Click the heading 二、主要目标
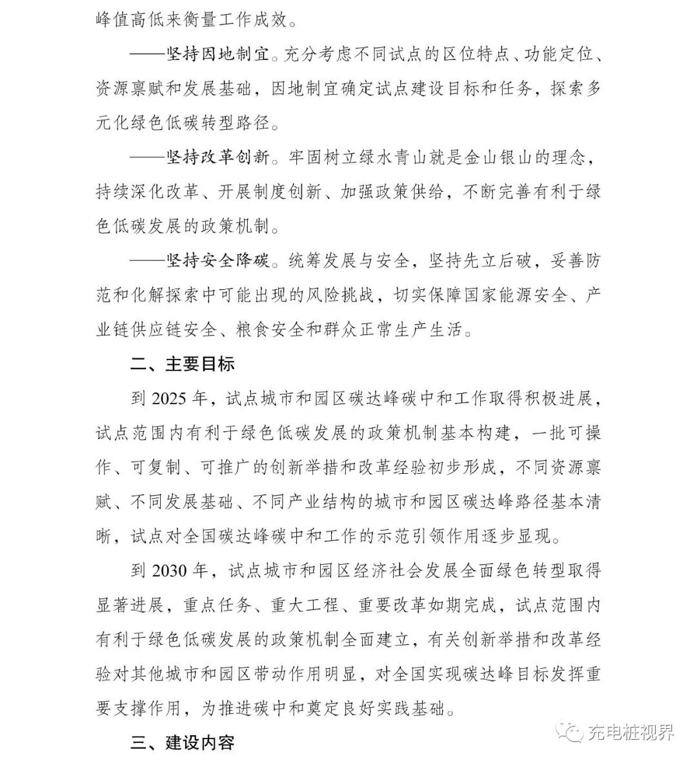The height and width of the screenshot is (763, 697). pyautogui.click(x=183, y=364)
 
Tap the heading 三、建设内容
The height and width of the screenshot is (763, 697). pyautogui.click(x=183, y=743)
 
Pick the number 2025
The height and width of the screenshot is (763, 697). pyautogui.click(x=170, y=399)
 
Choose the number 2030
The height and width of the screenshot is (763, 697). pyautogui.click(x=170, y=571)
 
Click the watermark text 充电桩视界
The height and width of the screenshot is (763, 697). pyautogui.click(x=631, y=732)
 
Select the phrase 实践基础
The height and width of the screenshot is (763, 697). pyautogui.click(x=410, y=709)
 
